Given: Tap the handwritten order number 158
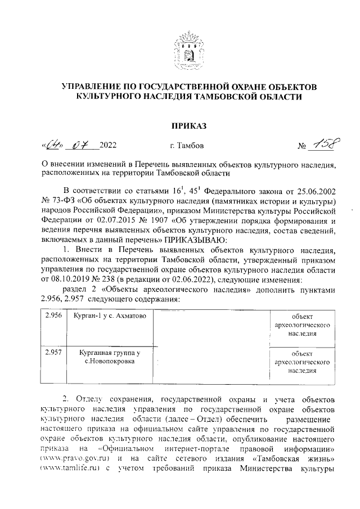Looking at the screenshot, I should pos(322,145).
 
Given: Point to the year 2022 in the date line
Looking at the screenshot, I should pos(108,147).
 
